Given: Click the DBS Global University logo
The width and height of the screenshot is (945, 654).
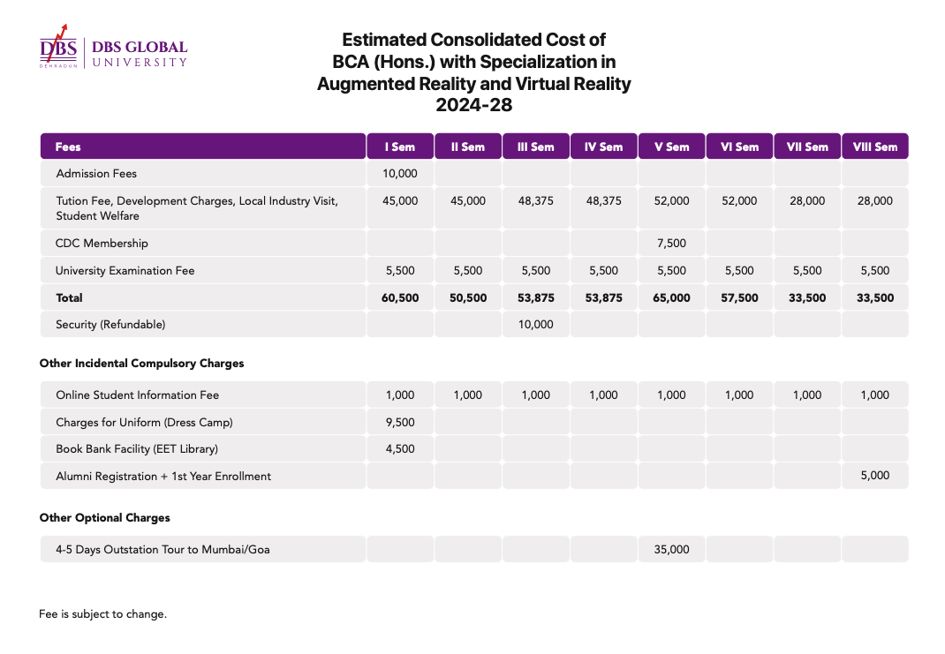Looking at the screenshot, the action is point(113,47).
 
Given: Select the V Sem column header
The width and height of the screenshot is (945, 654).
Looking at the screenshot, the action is point(671,147).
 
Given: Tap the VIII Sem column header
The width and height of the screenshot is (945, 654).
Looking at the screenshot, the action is point(875,147).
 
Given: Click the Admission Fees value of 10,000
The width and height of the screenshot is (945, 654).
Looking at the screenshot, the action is point(400,174).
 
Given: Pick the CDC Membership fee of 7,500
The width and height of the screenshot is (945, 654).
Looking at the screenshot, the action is point(671,244).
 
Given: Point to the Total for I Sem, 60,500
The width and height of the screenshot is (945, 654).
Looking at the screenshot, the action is point(400,297).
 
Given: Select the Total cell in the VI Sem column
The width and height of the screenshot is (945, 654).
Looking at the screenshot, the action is point(739,297).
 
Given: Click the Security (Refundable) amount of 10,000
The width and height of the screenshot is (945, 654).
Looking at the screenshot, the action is point(536,325).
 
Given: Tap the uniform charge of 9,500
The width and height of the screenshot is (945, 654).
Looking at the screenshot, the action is point(400,422).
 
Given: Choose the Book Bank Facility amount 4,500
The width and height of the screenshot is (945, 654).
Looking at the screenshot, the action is point(400,448).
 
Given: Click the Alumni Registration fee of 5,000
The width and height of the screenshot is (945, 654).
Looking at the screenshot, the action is point(875,475).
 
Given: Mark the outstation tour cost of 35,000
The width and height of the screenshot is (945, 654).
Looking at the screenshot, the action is point(671,549).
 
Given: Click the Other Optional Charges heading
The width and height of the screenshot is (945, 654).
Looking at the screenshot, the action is point(105,518).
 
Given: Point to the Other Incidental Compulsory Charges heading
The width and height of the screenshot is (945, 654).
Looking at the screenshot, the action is point(141,363).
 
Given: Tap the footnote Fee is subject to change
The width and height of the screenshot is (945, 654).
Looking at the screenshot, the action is point(103,614).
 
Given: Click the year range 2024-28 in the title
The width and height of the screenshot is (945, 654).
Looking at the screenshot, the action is point(474,105).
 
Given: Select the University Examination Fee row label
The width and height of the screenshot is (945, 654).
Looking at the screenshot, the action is point(125,271).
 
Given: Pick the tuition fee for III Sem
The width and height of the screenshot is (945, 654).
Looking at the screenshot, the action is point(536,201).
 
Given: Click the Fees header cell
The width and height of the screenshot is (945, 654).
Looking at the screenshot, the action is point(68,147).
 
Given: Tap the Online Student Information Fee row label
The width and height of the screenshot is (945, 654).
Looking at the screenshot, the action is point(138,395).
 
